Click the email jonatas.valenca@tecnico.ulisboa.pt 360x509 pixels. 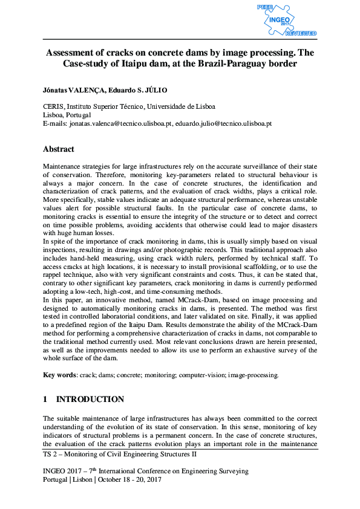click(x=122, y=123)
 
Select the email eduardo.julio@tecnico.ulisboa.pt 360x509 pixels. click(x=223, y=123)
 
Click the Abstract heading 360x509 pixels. click(x=58, y=149)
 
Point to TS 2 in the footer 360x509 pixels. click(x=50, y=453)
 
